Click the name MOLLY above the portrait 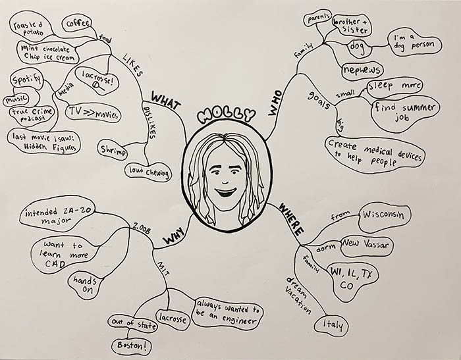pyautogui.click(x=225, y=114)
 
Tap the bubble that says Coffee pyautogui.click(x=78, y=24)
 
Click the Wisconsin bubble pyautogui.click(x=385, y=215)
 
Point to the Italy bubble pyautogui.click(x=334, y=324)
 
